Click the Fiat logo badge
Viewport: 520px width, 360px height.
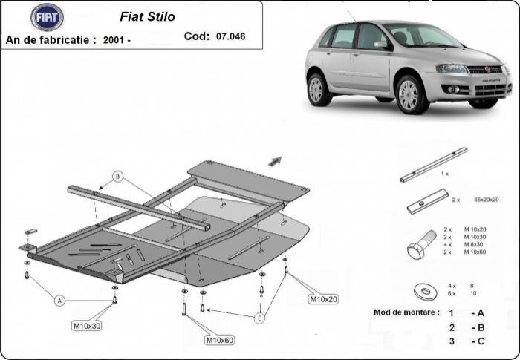pyautogui.click(x=47, y=16)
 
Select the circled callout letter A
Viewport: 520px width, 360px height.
pyautogui.click(x=58, y=299)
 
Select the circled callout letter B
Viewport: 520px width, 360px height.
pyautogui.click(x=117, y=177)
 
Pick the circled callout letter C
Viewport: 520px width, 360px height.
pyautogui.click(x=259, y=318)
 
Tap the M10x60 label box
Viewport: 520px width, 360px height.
pyautogui.click(x=219, y=340)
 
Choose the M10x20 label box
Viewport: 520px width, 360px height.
pyautogui.click(x=323, y=299)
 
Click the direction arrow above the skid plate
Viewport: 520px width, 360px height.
pyautogui.click(x=275, y=160)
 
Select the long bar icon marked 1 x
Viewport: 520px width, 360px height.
pyautogui.click(x=433, y=164)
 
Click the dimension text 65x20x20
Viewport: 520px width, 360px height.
pyautogui.click(x=487, y=200)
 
